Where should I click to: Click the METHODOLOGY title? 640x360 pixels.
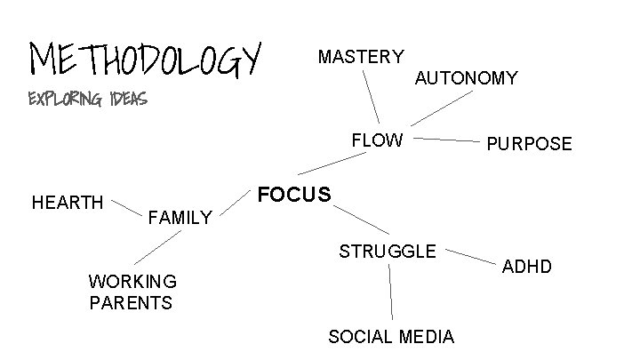[147, 59]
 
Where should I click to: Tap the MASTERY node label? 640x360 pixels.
[360, 57]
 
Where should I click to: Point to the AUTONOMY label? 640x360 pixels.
[466, 78]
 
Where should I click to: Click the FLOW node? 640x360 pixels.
[377, 140]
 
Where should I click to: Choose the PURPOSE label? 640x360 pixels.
[529, 144]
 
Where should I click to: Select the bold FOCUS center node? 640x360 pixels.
[293, 194]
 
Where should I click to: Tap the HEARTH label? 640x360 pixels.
[68, 203]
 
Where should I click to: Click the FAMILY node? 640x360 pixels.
[180, 216]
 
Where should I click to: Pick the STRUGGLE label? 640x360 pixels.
[388, 251]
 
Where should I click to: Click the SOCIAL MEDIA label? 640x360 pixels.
[391, 336]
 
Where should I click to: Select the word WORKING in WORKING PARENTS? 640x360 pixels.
[132, 281]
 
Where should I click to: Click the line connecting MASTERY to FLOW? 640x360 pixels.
[372, 96]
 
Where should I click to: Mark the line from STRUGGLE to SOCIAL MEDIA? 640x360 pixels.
[391, 293]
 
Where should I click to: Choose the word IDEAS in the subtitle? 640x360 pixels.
[124, 98]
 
